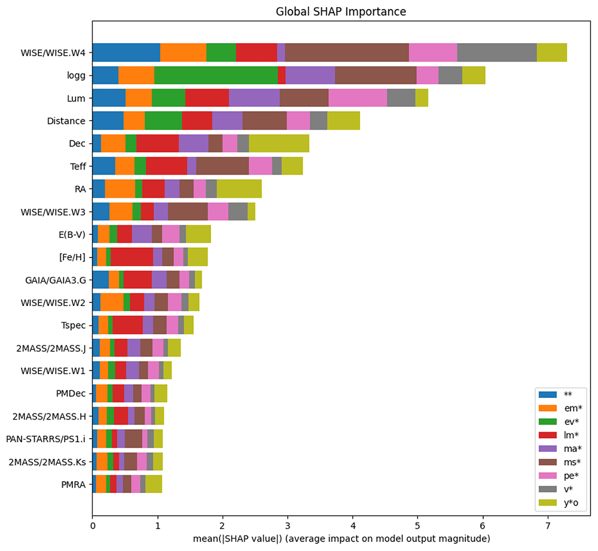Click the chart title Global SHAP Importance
(341, 11)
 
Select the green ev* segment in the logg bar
(216, 75)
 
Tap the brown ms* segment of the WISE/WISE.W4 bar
(347, 53)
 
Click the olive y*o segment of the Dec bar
(279, 143)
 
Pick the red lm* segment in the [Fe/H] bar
(132, 257)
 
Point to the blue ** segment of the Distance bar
(108, 121)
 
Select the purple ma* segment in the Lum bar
(254, 99)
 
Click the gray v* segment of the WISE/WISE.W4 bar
(497, 53)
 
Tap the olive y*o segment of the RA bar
(240, 189)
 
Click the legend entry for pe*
(559, 476)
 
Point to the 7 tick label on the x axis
(548, 526)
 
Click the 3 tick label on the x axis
(288, 526)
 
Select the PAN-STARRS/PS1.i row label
(46, 439)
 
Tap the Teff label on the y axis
(78, 167)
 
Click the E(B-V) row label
(72, 235)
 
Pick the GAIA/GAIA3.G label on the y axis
(56, 280)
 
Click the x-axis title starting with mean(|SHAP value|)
(341, 539)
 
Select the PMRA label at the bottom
(74, 485)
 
